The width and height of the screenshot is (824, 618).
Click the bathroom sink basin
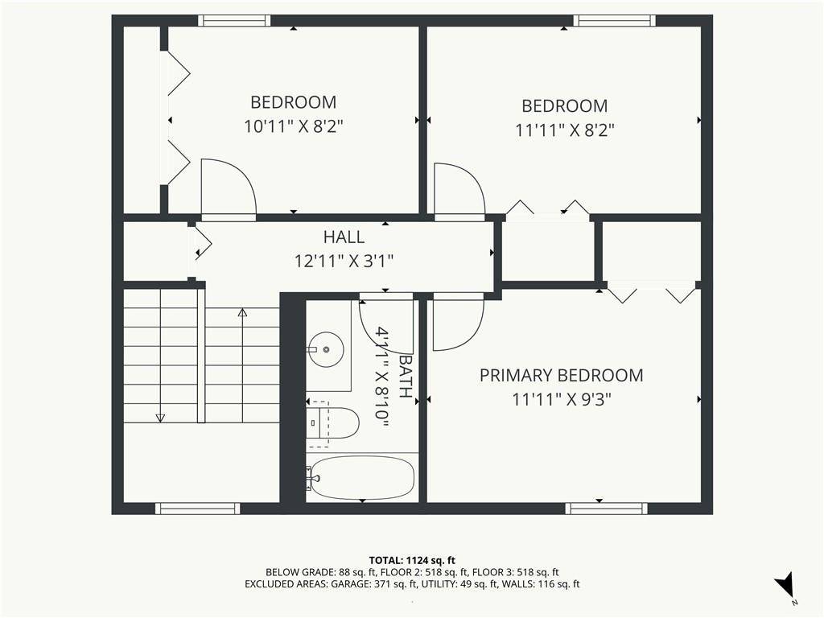327,349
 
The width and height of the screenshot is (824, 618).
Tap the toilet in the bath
332,423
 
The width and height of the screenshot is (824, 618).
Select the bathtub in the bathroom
361,478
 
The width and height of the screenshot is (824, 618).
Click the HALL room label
344,237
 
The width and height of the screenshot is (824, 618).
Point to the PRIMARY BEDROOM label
561,375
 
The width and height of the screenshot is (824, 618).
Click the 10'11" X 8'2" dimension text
293,126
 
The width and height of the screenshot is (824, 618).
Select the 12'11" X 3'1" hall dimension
344,261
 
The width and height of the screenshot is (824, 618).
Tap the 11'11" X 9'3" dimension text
562,400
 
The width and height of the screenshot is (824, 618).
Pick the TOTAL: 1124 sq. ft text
411,560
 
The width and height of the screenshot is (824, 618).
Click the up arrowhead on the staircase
242,313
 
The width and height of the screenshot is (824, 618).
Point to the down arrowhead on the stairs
160,418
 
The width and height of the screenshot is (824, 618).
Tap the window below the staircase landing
198,509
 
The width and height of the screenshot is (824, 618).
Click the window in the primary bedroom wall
607,509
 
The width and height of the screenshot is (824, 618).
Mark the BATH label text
406,377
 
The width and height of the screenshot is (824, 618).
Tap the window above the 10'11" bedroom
234,20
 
